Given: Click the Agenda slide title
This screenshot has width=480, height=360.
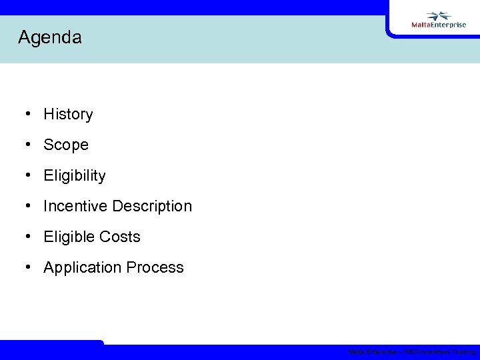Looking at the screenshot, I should click(50, 37).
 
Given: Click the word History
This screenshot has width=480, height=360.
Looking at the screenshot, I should click(68, 114).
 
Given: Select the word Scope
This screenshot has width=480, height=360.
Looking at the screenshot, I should click(66, 145).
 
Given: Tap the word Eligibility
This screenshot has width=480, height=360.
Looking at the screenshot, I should click(75, 175).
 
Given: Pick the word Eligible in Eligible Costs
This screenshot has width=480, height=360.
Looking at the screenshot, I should click(68, 237).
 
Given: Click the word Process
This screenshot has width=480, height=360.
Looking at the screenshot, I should click(155, 267).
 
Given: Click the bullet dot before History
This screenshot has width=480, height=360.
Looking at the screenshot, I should click(29, 114).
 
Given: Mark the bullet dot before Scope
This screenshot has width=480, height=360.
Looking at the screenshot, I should click(29, 145).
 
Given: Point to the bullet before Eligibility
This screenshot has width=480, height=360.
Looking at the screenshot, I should click(29, 175).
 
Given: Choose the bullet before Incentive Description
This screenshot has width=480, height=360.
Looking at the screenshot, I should click(29, 206).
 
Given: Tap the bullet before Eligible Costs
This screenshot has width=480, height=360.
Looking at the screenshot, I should click(29, 237).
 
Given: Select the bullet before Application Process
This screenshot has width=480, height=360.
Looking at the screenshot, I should click(29, 267).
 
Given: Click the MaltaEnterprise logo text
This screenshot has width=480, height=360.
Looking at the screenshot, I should click(439, 25).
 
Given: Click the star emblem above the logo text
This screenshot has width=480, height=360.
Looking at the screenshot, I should click(439, 15).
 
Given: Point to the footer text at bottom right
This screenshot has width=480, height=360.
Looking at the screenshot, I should click(411, 352).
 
